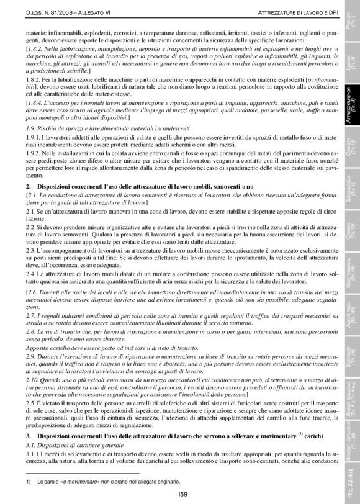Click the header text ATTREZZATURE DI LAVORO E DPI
(291, 13)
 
